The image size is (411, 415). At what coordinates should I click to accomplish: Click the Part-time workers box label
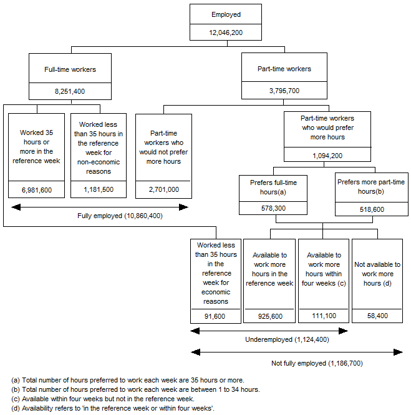(284, 69)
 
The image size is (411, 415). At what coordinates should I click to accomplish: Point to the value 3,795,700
(284, 91)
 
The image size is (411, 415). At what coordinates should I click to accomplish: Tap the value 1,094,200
(327, 155)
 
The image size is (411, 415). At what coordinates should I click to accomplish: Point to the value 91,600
(215, 316)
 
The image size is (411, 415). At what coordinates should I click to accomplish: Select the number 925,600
(269, 316)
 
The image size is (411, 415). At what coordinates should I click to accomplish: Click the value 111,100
(323, 316)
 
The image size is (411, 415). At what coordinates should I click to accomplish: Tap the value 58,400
(377, 316)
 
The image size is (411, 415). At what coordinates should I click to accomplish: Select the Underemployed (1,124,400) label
(286, 340)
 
